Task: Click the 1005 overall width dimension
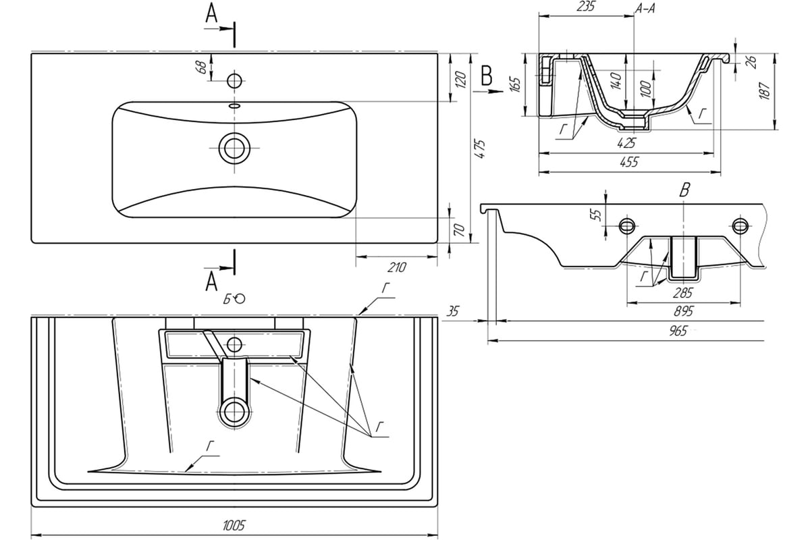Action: [x=234, y=525]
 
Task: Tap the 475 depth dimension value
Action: [x=479, y=148]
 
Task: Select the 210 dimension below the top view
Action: [x=397, y=267]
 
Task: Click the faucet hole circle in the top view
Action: [x=234, y=80]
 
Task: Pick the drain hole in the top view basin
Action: [x=234, y=148]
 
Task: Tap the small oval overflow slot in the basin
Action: [x=234, y=106]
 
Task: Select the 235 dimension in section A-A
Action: [x=585, y=7]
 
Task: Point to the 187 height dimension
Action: [x=764, y=90]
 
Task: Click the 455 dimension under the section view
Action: [x=629, y=162]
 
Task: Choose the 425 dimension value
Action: [x=626, y=143]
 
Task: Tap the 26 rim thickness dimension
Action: [x=751, y=61]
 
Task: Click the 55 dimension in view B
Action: [x=595, y=215]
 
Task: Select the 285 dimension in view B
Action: [x=682, y=292]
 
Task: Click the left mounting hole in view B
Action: [x=627, y=226]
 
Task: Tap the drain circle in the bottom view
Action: [x=234, y=412]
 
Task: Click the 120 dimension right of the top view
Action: [x=460, y=79]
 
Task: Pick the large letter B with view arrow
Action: [x=487, y=76]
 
